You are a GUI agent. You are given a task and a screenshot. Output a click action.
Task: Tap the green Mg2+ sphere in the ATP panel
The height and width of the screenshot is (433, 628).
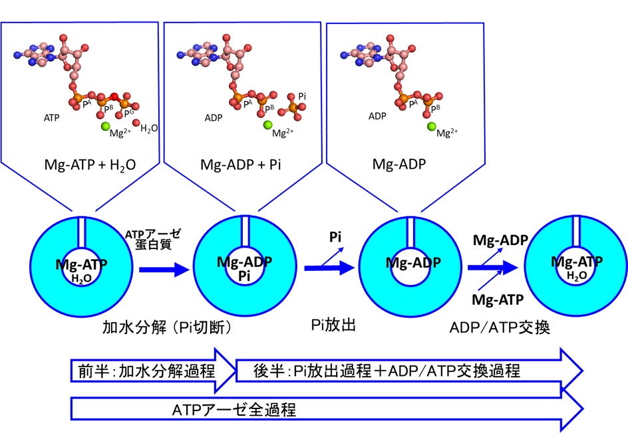(x=104, y=126)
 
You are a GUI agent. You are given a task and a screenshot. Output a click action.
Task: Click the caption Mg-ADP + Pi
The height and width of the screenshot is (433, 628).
(x=241, y=165)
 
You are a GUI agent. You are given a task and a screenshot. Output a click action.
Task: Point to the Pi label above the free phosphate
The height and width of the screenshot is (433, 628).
(x=302, y=97)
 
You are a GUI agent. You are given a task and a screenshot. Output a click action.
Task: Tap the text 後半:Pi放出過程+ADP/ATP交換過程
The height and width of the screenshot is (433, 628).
(x=387, y=371)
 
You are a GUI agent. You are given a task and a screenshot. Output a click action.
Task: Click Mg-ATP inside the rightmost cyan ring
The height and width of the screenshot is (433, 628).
(x=577, y=262)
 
